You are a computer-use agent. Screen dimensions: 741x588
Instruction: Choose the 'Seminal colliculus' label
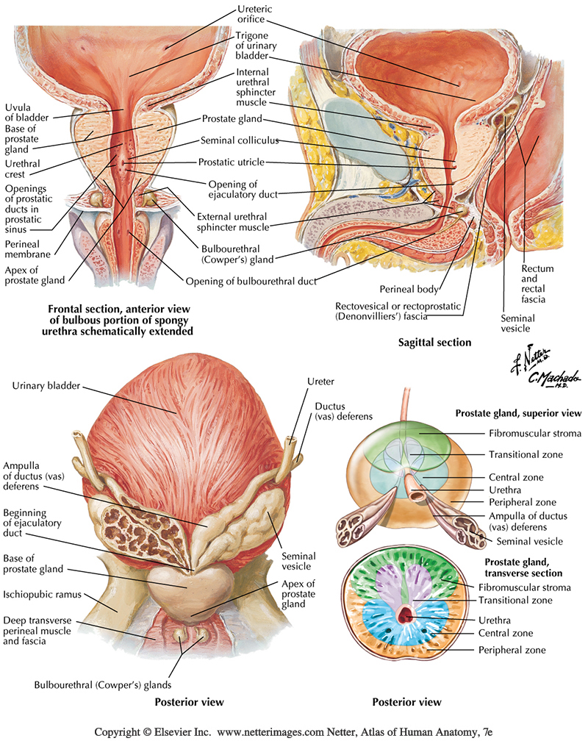click(x=243, y=140)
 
